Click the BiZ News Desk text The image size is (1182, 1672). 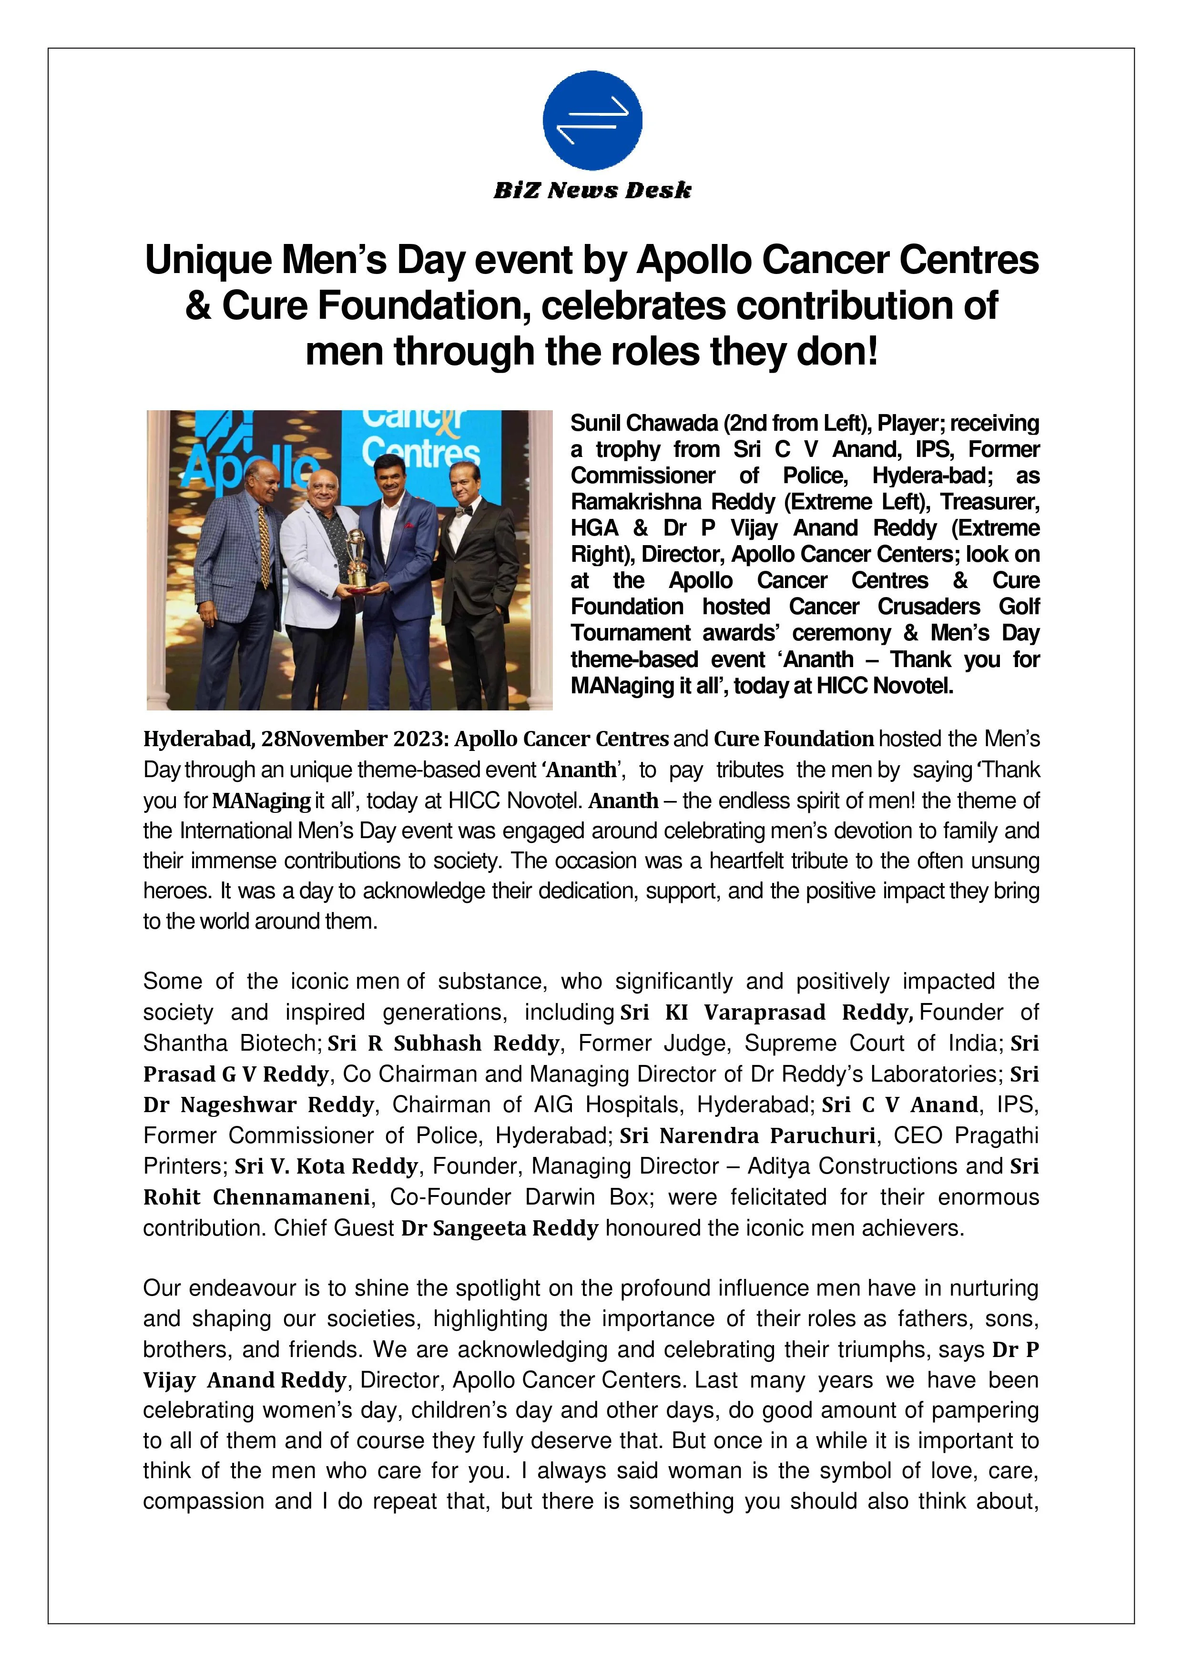click(592, 191)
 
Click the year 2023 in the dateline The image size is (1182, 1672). click(419, 739)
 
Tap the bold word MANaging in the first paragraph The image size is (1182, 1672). click(262, 801)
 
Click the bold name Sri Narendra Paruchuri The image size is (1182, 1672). click(747, 1135)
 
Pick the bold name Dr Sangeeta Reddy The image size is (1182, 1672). click(499, 1228)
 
